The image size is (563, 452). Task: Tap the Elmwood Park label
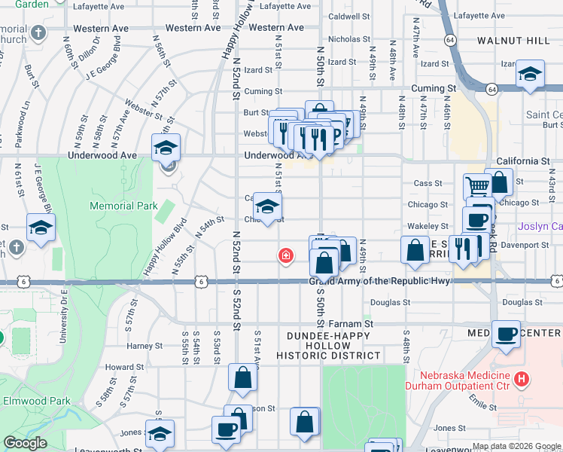pyautogui.click(x=35, y=401)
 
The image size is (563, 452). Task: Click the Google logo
pyautogui.click(x=25, y=443)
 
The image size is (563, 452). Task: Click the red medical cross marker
pyautogui.click(x=285, y=256)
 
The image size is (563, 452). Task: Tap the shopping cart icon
pyautogui.click(x=477, y=185)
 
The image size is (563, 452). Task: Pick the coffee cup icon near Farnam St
pyautogui.click(x=507, y=333)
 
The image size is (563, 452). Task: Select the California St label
pyautogui.click(x=523, y=161)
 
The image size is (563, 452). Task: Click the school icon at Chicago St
pyautogui.click(x=266, y=206)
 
